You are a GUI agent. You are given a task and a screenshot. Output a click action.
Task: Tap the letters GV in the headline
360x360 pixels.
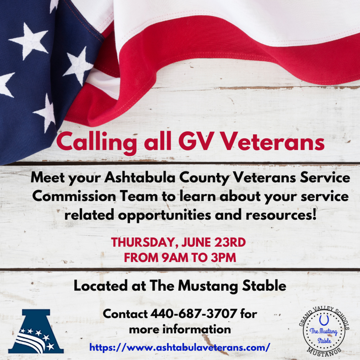(195, 142)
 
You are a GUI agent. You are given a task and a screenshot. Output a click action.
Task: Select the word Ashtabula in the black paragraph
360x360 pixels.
(140, 178)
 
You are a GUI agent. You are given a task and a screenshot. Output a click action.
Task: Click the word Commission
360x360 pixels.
(74, 196)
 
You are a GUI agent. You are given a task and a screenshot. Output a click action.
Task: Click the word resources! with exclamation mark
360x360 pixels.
(281, 215)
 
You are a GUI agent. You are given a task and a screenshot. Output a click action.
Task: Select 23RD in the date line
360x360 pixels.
(230, 242)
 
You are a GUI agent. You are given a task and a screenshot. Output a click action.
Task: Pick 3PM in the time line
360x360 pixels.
(223, 257)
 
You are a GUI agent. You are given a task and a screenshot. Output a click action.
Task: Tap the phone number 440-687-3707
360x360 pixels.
(194, 314)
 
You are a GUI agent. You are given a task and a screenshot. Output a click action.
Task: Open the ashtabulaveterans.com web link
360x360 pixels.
(180, 347)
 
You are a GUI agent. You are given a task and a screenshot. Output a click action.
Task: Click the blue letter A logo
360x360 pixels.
(36, 331)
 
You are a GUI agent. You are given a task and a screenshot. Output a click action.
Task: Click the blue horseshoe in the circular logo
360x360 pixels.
(324, 320)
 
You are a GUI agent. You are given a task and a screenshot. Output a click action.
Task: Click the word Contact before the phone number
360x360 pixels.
(126, 314)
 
